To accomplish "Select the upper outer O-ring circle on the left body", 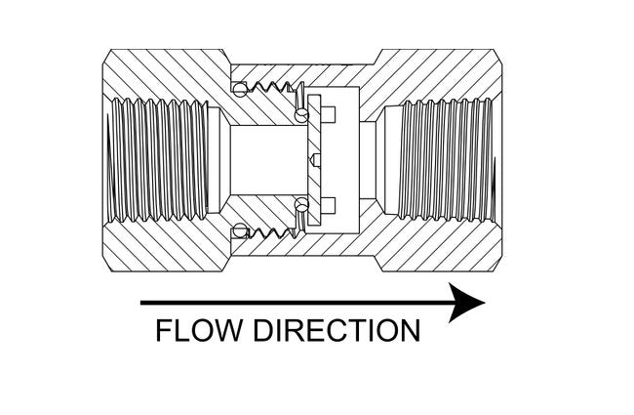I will [237, 91].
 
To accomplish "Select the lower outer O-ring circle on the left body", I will [237, 232].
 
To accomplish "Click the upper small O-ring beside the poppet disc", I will [299, 115].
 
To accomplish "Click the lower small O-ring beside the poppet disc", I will [299, 204].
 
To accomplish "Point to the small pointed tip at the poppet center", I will [314, 160].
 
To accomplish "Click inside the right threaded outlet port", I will [444, 160].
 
